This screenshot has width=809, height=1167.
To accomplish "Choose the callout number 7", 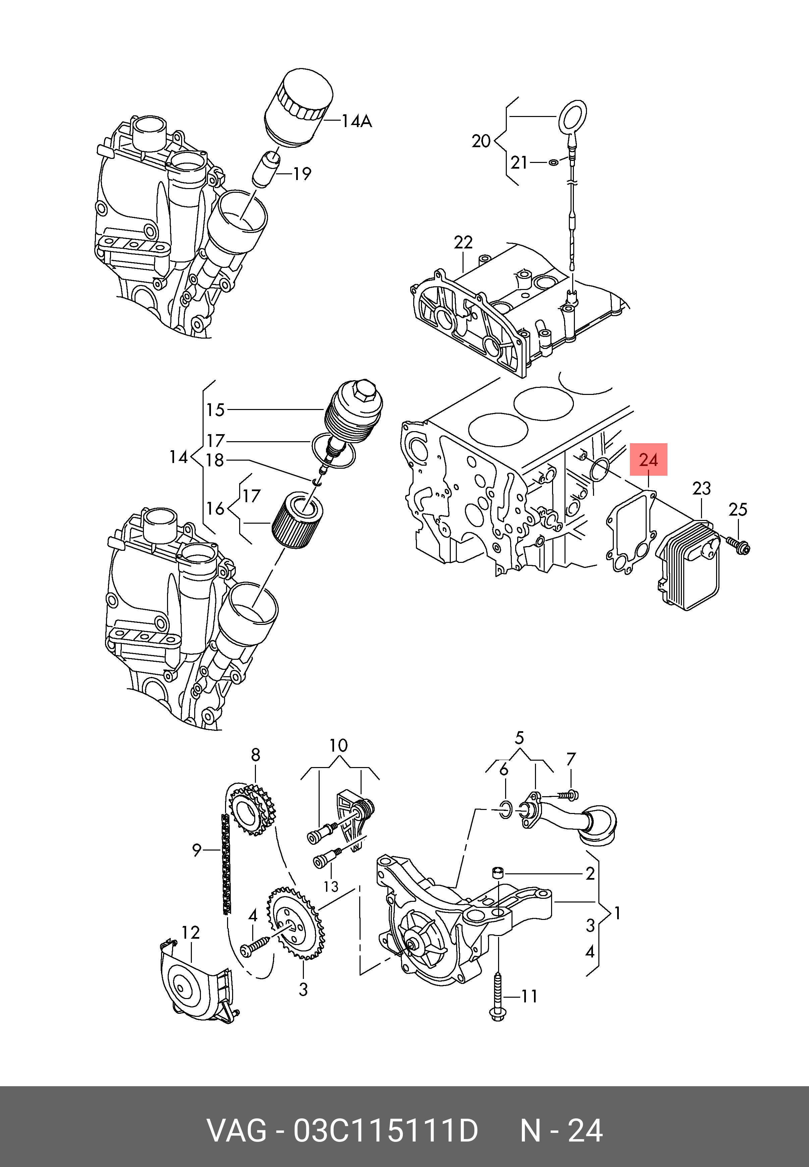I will [x=571, y=759].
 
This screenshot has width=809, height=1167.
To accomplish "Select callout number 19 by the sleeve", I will [x=302, y=174].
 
